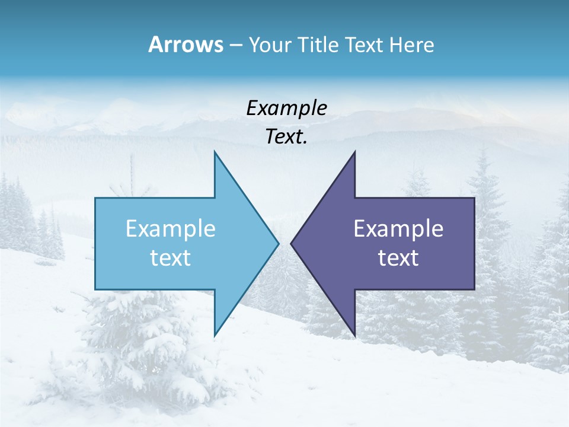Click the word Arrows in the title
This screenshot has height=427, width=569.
186,44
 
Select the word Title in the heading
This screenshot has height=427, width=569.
317,45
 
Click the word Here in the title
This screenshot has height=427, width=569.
412,45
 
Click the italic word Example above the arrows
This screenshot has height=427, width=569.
286,109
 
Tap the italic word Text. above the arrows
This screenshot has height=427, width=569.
286,137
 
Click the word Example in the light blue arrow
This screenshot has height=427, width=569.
171,228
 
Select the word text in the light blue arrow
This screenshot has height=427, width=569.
171,258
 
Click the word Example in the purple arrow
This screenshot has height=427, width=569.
398,228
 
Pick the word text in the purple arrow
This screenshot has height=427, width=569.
398,258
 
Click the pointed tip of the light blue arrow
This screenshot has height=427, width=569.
277,243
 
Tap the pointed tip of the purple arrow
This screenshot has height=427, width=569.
292,243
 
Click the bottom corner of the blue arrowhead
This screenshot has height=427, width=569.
215,334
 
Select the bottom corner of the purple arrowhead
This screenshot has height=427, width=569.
354,334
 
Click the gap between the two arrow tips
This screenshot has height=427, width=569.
284,243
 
